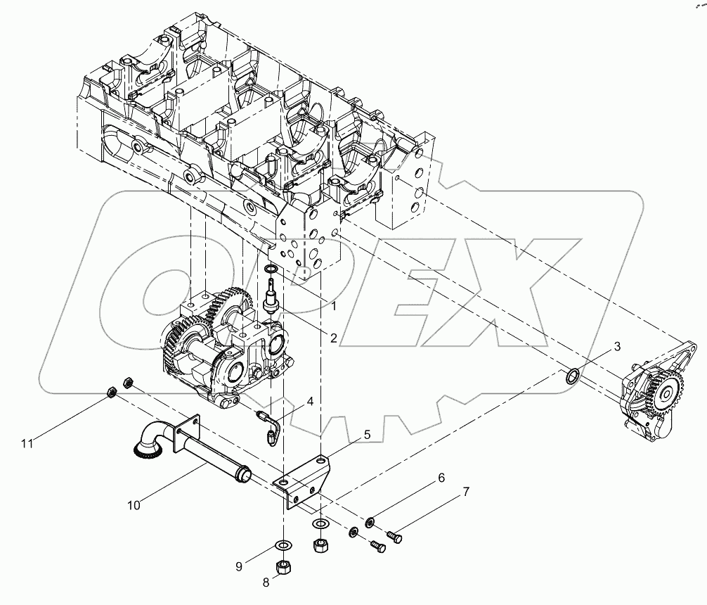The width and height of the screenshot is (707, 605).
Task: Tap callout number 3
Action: point(616,346)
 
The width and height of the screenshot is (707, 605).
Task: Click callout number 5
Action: point(366,435)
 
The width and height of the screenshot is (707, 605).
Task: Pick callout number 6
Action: point(441,478)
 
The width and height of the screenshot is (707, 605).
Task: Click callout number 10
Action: point(134,504)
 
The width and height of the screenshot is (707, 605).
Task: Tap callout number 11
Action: point(27,443)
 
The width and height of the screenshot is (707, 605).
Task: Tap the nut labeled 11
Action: point(112,392)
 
